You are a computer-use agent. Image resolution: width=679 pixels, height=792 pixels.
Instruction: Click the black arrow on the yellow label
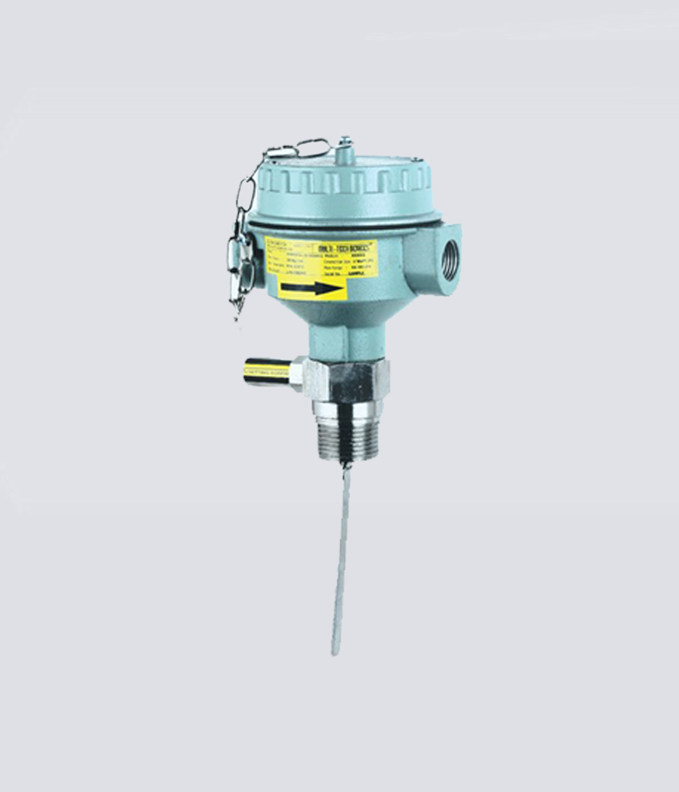(x=310, y=289)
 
